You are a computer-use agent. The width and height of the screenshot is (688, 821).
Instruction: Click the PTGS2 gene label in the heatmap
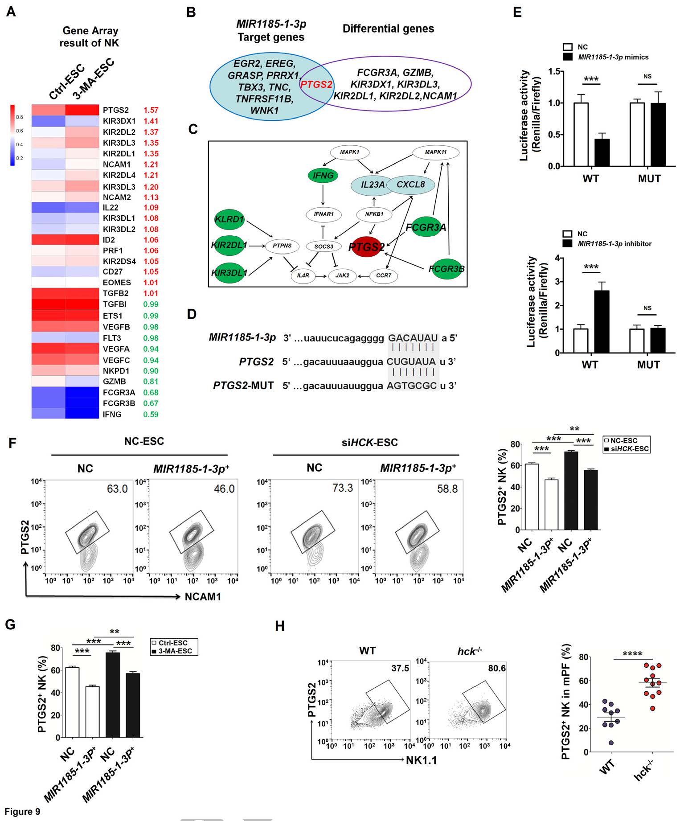115,110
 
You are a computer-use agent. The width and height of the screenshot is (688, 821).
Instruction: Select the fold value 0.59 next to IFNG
151,415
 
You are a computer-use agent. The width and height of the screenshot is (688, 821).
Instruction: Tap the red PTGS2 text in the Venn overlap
316,84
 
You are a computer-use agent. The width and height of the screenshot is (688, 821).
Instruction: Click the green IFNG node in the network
323,176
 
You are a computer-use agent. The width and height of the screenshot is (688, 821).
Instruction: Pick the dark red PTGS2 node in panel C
367,246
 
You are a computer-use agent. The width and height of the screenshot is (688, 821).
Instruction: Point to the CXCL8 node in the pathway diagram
410,184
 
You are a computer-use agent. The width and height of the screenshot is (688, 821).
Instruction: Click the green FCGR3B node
446,269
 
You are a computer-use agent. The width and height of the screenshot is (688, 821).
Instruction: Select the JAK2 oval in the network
342,275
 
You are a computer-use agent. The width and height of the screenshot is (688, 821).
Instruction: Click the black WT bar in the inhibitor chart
602,321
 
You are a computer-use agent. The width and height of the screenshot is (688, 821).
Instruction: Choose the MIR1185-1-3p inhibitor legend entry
614,244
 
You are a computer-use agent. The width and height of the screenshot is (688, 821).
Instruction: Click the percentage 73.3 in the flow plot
342,488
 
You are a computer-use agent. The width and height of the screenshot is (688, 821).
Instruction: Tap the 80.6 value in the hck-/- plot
497,668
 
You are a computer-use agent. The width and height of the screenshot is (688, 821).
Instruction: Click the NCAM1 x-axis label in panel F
203,596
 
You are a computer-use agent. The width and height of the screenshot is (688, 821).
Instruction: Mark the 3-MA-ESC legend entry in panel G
175,651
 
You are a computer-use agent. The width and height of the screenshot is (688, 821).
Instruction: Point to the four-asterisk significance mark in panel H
632,654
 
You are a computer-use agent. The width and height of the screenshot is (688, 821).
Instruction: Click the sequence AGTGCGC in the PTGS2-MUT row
412,386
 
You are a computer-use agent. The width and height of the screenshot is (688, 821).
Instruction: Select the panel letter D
192,314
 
